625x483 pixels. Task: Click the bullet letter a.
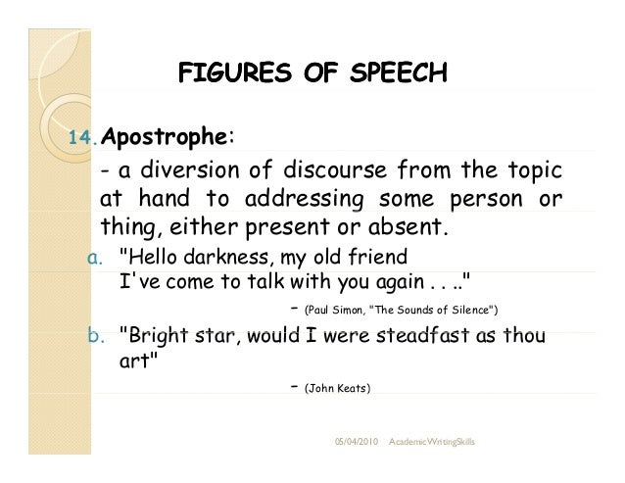tap(95, 258)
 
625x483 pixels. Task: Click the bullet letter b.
tap(95, 336)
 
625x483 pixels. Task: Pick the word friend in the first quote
tap(377, 258)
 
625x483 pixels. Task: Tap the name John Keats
tap(338, 388)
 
